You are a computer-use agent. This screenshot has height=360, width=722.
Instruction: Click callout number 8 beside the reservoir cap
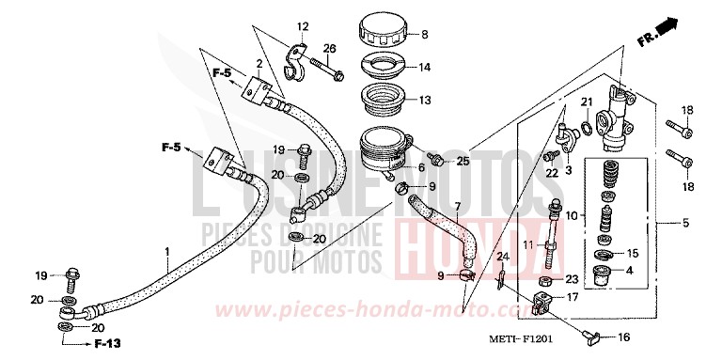click(424, 36)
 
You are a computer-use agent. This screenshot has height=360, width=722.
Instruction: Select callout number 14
click(424, 67)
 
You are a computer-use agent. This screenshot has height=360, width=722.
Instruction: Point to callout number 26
click(330, 49)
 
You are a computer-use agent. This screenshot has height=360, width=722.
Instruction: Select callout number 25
click(462, 161)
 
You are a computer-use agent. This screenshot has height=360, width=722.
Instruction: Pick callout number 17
click(569, 298)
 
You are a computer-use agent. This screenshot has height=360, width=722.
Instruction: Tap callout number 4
click(628, 272)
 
